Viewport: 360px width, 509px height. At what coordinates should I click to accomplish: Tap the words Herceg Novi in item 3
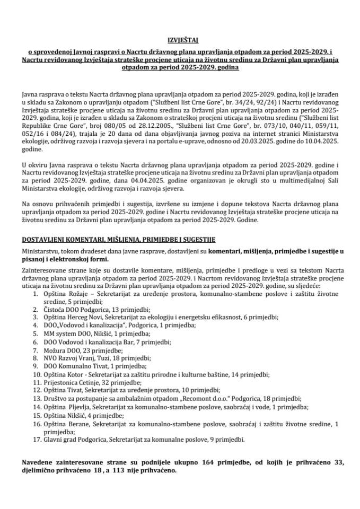tap(82, 318)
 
